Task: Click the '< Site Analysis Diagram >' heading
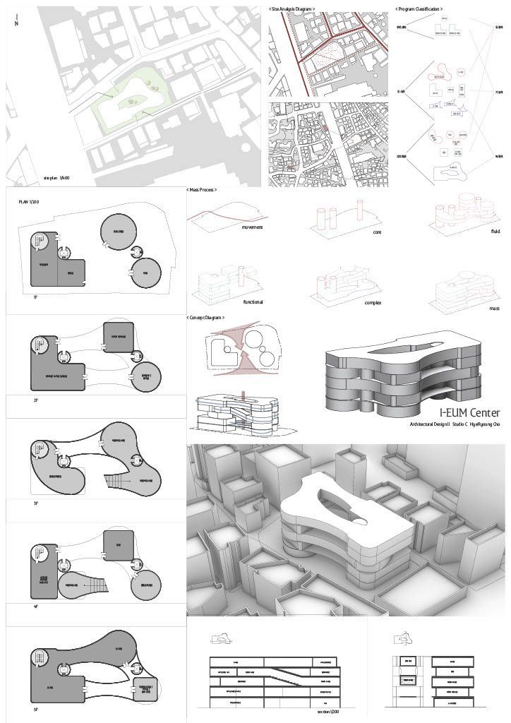(x=292, y=8)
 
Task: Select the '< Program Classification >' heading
(x=420, y=8)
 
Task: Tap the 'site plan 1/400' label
(x=56, y=178)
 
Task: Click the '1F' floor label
(x=35, y=297)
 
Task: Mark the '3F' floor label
(x=35, y=503)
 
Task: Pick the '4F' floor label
(x=35, y=606)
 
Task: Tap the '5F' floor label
(x=35, y=709)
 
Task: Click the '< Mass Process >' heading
(x=202, y=191)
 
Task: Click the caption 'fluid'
(x=495, y=231)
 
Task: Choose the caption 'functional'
(x=253, y=301)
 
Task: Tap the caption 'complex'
(x=373, y=302)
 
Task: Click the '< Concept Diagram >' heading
(x=206, y=318)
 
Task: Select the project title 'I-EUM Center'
(x=469, y=412)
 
